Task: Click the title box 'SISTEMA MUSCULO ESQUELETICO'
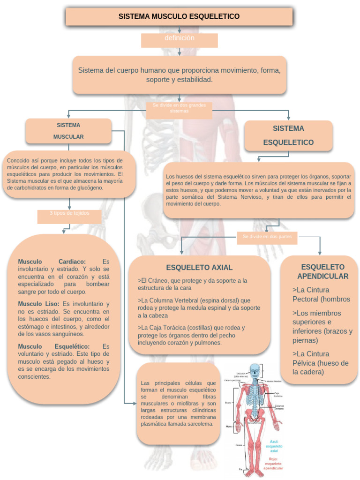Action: click(x=179, y=16)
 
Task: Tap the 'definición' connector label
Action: click(x=180, y=38)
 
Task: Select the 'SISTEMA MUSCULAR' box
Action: click(x=68, y=131)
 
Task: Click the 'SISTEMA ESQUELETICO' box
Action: click(x=288, y=135)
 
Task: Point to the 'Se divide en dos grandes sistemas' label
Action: click(x=179, y=108)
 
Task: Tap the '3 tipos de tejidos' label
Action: click(x=69, y=213)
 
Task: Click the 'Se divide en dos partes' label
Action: click(x=267, y=237)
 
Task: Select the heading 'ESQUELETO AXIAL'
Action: click(x=199, y=268)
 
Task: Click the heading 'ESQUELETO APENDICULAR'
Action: click(x=322, y=271)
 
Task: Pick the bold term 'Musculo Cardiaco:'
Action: click(x=52, y=261)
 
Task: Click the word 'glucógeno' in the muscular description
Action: click(x=89, y=187)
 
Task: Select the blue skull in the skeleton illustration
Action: click(x=255, y=370)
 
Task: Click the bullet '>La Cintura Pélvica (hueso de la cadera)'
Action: click(x=321, y=363)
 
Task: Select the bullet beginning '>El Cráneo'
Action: click(x=193, y=284)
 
